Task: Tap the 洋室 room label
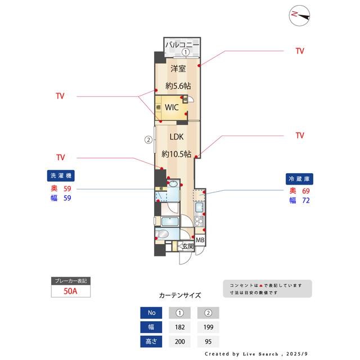178,69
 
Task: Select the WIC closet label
172,107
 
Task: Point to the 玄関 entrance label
187,246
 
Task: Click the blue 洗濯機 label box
61,175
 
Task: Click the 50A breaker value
70,292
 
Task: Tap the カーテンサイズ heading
179,295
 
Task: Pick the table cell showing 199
208,327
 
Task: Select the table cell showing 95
208,341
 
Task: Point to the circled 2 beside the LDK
148,139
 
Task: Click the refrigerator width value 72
306,200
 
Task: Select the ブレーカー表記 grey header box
70,281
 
